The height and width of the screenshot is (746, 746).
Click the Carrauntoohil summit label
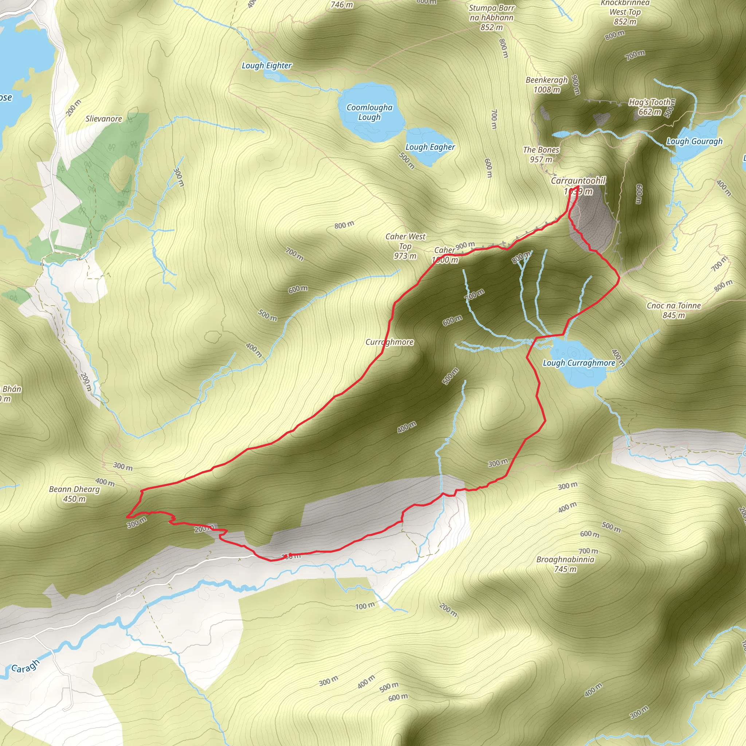(578, 186)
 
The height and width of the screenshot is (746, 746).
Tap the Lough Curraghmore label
(579, 363)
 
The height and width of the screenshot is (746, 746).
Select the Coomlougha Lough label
(369, 112)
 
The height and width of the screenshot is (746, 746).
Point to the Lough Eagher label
(430, 147)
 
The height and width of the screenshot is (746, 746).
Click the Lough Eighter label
(266, 66)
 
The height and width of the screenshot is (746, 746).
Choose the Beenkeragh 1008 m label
(547, 85)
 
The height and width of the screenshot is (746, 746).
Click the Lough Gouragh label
(694, 141)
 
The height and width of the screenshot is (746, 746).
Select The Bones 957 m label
(541, 154)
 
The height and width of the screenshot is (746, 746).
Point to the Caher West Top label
(405, 246)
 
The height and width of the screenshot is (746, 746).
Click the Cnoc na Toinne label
(674, 310)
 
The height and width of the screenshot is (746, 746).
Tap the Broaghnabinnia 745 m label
(565, 564)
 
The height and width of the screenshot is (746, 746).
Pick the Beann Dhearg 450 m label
(74, 494)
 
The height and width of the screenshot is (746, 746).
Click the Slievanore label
(103, 119)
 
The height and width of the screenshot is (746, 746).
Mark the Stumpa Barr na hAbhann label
(491, 17)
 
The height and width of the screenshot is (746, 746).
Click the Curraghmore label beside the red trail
(389, 342)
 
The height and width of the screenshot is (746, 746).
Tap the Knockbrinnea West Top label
(625, 12)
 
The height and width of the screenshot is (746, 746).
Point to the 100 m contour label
(365, 606)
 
